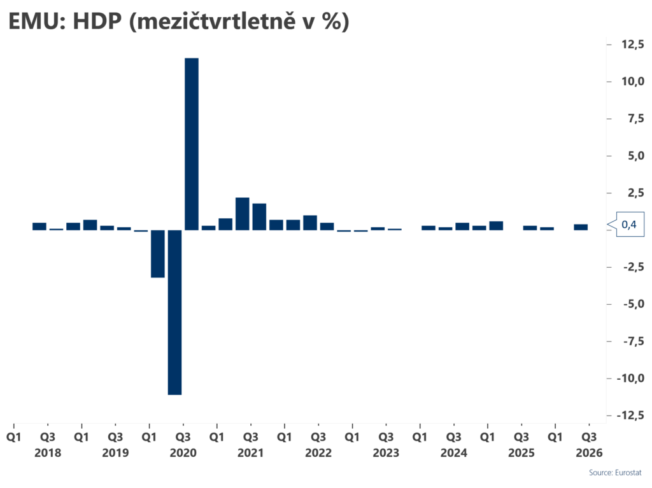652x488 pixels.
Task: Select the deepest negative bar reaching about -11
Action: pyautogui.click(x=174, y=312)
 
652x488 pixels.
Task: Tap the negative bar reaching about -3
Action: pyautogui.click(x=158, y=254)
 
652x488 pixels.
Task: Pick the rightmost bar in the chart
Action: pyautogui.click(x=581, y=227)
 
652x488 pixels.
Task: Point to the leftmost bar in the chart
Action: pyautogui.click(x=39, y=226)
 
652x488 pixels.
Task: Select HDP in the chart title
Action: pyautogui.click(x=97, y=21)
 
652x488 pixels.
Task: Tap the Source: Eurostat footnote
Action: pyautogui.click(x=615, y=473)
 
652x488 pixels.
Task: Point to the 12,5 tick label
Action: pyautogui.click(x=632, y=44)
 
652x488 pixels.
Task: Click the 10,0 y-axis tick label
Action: pyautogui.click(x=632, y=81)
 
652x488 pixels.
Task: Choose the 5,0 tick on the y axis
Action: pyautogui.click(x=636, y=155)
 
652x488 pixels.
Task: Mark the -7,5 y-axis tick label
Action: pyautogui.click(x=634, y=341)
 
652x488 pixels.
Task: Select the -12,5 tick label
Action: pyautogui.click(x=630, y=415)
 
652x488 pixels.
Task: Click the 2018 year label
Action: pyautogui.click(x=48, y=452)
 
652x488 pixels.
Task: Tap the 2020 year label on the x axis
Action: pyautogui.click(x=183, y=452)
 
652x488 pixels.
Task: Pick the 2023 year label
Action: pyautogui.click(x=386, y=452)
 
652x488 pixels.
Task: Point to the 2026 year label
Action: pyautogui.click(x=589, y=452)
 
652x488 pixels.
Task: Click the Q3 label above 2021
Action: pyautogui.click(x=251, y=437)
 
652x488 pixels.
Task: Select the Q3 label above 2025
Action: pyautogui.click(x=521, y=437)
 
